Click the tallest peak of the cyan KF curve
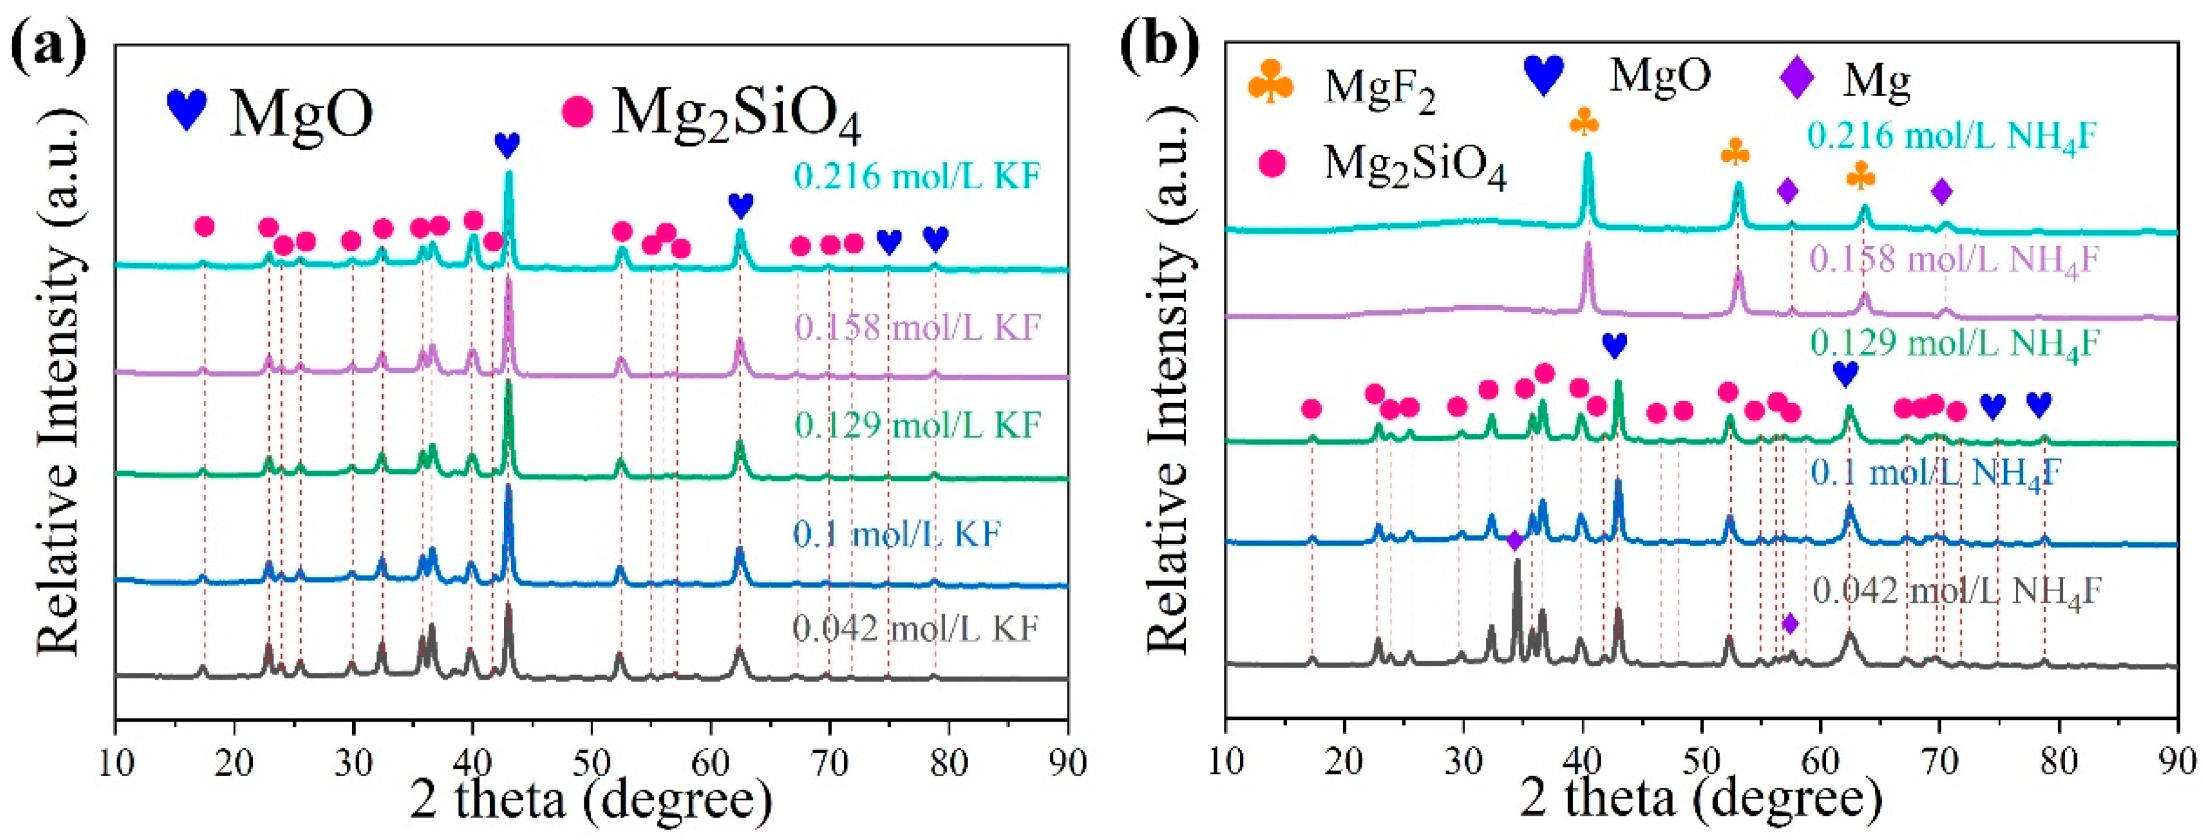click(x=509, y=174)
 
